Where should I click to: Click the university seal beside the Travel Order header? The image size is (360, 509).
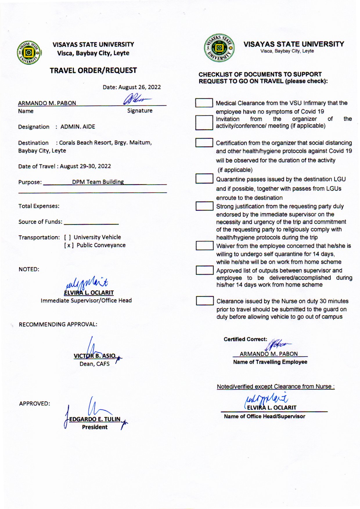29,53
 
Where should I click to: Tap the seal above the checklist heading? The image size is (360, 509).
219,48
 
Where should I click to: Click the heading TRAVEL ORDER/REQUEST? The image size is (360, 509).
93,71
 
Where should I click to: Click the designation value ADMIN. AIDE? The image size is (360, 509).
78,127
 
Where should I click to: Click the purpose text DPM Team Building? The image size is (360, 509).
98,182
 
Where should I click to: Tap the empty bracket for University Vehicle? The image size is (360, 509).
68,237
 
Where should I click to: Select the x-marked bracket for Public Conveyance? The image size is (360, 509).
69,245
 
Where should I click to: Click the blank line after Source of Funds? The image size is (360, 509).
91,222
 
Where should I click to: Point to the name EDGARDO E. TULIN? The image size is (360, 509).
95,419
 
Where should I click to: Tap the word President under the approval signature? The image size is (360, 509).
95,427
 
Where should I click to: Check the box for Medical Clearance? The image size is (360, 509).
204,103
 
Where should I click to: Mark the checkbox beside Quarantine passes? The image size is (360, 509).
204,179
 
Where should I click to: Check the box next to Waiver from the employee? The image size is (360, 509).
204,246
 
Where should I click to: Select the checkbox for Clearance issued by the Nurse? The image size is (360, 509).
205,301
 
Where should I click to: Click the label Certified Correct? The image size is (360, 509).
245,339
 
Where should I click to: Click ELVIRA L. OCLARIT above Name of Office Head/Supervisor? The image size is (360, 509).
272,408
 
